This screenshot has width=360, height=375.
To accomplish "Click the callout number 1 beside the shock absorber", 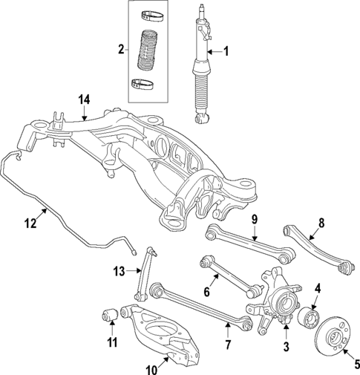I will coord(228,51).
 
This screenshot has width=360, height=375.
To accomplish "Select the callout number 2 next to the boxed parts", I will coord(120,50).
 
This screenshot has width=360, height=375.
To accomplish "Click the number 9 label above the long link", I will coord(254,219).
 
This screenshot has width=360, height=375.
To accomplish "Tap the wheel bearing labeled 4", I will coord(310,319).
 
